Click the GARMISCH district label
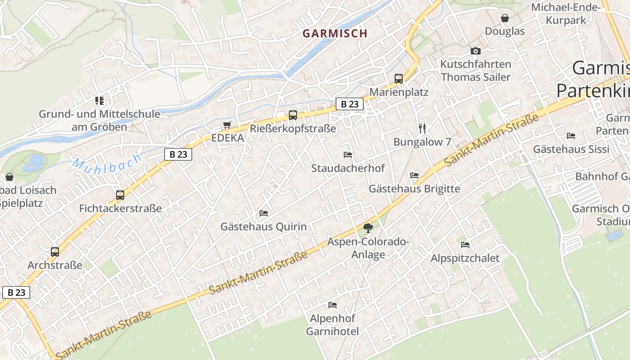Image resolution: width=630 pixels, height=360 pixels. coord(335,33)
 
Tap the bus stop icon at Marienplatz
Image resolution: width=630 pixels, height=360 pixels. coord(398,79)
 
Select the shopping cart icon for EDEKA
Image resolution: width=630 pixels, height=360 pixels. coord(227,125)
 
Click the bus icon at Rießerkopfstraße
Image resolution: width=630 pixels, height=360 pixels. coord(293,115)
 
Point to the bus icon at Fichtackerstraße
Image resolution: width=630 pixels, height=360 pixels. coord(120,195)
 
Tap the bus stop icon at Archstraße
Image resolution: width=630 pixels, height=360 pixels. coord(55,252)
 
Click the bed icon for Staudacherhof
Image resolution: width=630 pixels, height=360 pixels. coord(348,155)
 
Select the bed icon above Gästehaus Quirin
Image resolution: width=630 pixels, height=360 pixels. coord(264,213)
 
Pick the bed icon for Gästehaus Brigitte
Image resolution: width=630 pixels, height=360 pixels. coord(414,175)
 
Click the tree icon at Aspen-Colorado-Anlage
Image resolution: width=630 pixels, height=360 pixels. coord(368,228)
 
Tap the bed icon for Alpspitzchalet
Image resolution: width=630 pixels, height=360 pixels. coord(465,245)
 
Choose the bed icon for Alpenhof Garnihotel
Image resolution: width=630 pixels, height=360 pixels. coord(333,305)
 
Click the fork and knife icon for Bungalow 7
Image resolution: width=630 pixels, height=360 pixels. coord(422,129)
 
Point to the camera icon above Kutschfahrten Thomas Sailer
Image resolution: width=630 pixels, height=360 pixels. coord(476,51)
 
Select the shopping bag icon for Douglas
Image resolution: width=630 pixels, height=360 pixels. coord(505,18)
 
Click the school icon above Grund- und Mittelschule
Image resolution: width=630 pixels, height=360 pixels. coord(99,101)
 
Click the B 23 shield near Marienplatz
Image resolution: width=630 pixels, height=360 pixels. coord(350,104)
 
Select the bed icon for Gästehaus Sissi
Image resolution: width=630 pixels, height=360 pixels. coord(571,135)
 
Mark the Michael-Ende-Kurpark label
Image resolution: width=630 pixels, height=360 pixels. coord(566,13)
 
